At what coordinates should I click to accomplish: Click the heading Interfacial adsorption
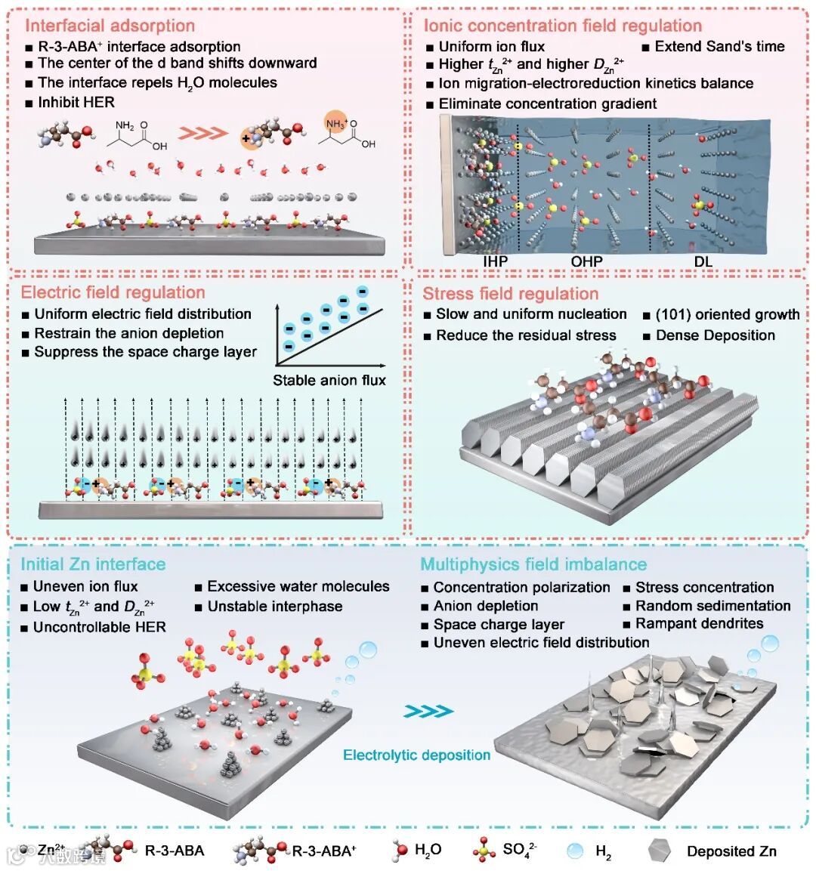click(110, 26)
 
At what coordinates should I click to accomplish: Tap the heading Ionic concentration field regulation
click(562, 26)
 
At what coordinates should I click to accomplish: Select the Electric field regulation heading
click(113, 292)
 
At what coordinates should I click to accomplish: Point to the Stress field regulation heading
click(510, 294)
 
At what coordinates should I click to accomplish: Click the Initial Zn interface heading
click(93, 564)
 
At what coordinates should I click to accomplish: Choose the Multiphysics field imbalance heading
click(533, 564)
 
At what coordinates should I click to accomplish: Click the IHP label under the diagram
click(495, 261)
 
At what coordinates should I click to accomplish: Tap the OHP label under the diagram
click(586, 261)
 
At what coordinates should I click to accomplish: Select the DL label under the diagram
click(703, 261)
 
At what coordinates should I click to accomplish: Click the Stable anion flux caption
click(329, 380)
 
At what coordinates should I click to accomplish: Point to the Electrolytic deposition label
click(416, 755)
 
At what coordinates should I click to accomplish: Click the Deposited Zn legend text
click(731, 851)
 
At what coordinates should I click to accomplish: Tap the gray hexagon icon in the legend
click(660, 851)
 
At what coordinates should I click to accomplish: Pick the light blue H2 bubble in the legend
click(576, 851)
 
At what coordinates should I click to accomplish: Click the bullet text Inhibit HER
click(76, 102)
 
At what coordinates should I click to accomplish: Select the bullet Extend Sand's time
click(719, 46)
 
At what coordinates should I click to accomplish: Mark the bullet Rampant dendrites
click(699, 623)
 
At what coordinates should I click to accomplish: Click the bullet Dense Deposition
click(715, 335)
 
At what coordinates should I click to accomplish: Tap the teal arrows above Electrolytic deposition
click(428, 711)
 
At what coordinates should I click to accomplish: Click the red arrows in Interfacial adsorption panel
click(206, 133)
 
